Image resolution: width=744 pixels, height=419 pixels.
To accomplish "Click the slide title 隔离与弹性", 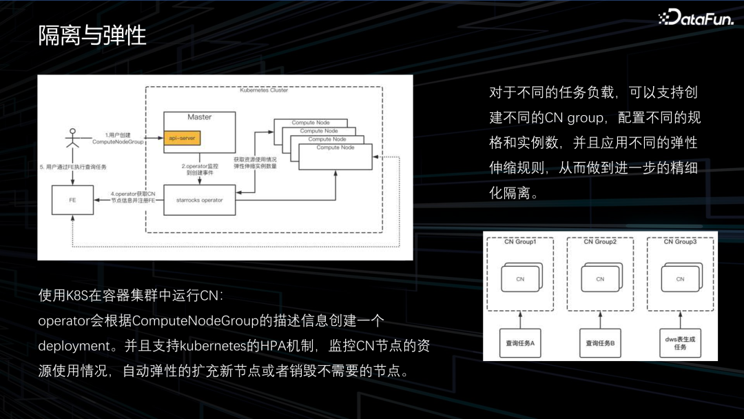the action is [92, 35].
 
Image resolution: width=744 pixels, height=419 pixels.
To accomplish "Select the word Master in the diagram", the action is [199, 117].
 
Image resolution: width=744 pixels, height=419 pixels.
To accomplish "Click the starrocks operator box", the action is [199, 200].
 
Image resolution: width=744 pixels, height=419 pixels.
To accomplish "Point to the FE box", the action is [72, 200].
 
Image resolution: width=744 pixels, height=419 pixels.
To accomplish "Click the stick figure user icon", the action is [70, 142].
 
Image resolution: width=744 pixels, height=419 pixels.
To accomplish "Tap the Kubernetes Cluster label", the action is [264, 90].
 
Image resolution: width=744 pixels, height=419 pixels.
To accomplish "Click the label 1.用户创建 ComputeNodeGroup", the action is [117, 137].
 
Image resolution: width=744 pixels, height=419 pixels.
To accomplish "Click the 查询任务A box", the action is [521, 343].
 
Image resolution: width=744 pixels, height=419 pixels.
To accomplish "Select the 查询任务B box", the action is [600, 343].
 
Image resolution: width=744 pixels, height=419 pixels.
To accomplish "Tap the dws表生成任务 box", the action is [680, 343].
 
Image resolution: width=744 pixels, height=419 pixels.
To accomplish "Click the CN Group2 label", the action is [600, 242].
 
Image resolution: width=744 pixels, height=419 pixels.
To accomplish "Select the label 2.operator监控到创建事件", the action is [201, 170].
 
